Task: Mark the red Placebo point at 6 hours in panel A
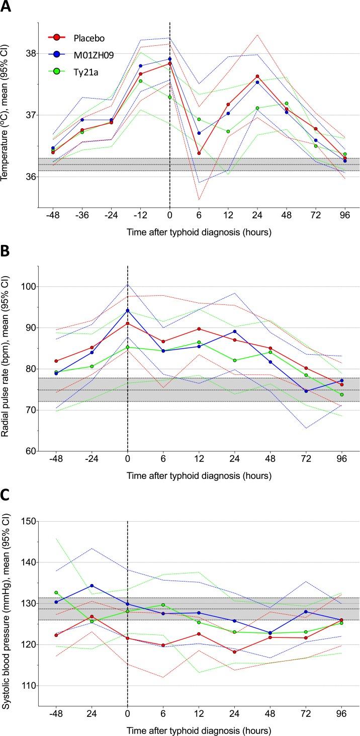(x=199, y=153)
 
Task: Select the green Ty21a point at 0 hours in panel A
(x=170, y=97)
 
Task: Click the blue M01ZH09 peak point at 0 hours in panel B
(x=128, y=310)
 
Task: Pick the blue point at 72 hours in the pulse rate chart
(x=306, y=391)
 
